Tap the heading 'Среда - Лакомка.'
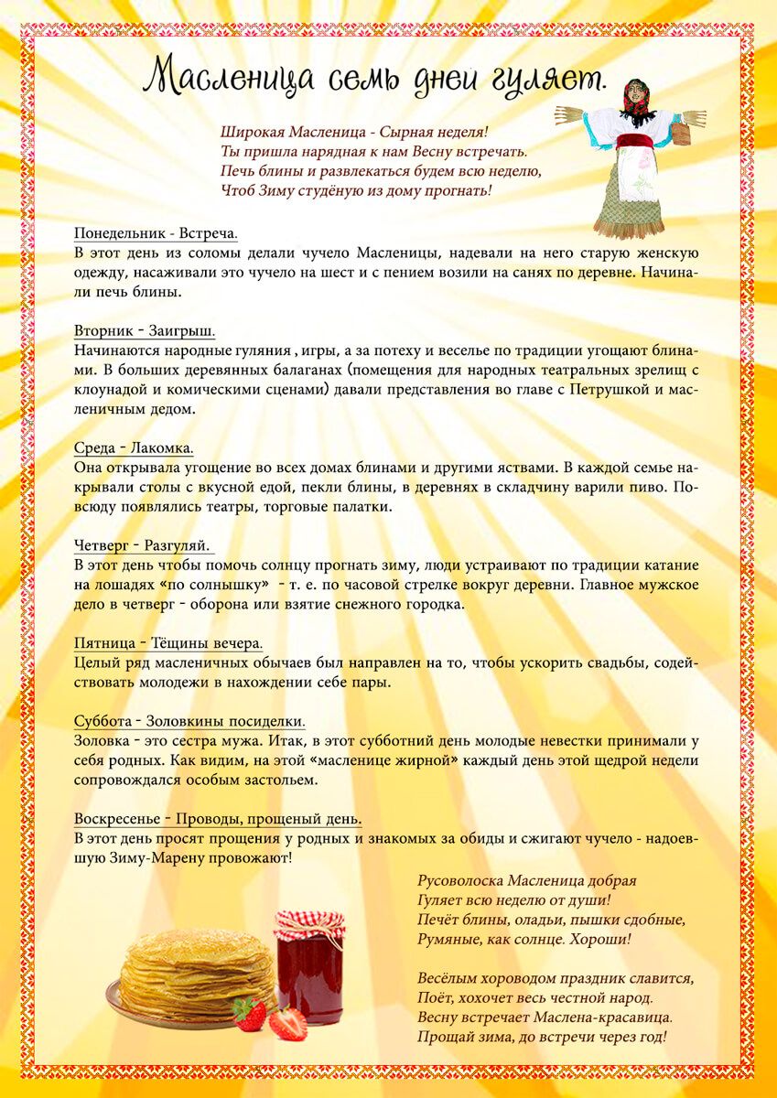point(134,448)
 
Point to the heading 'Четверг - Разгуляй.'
point(143,546)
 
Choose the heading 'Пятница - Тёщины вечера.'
point(168,644)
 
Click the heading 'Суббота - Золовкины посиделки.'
point(189,722)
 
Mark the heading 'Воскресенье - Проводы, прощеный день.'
point(218,819)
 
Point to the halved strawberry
point(286,1022)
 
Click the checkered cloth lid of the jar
point(309,926)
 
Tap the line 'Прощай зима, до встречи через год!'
point(542,1038)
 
